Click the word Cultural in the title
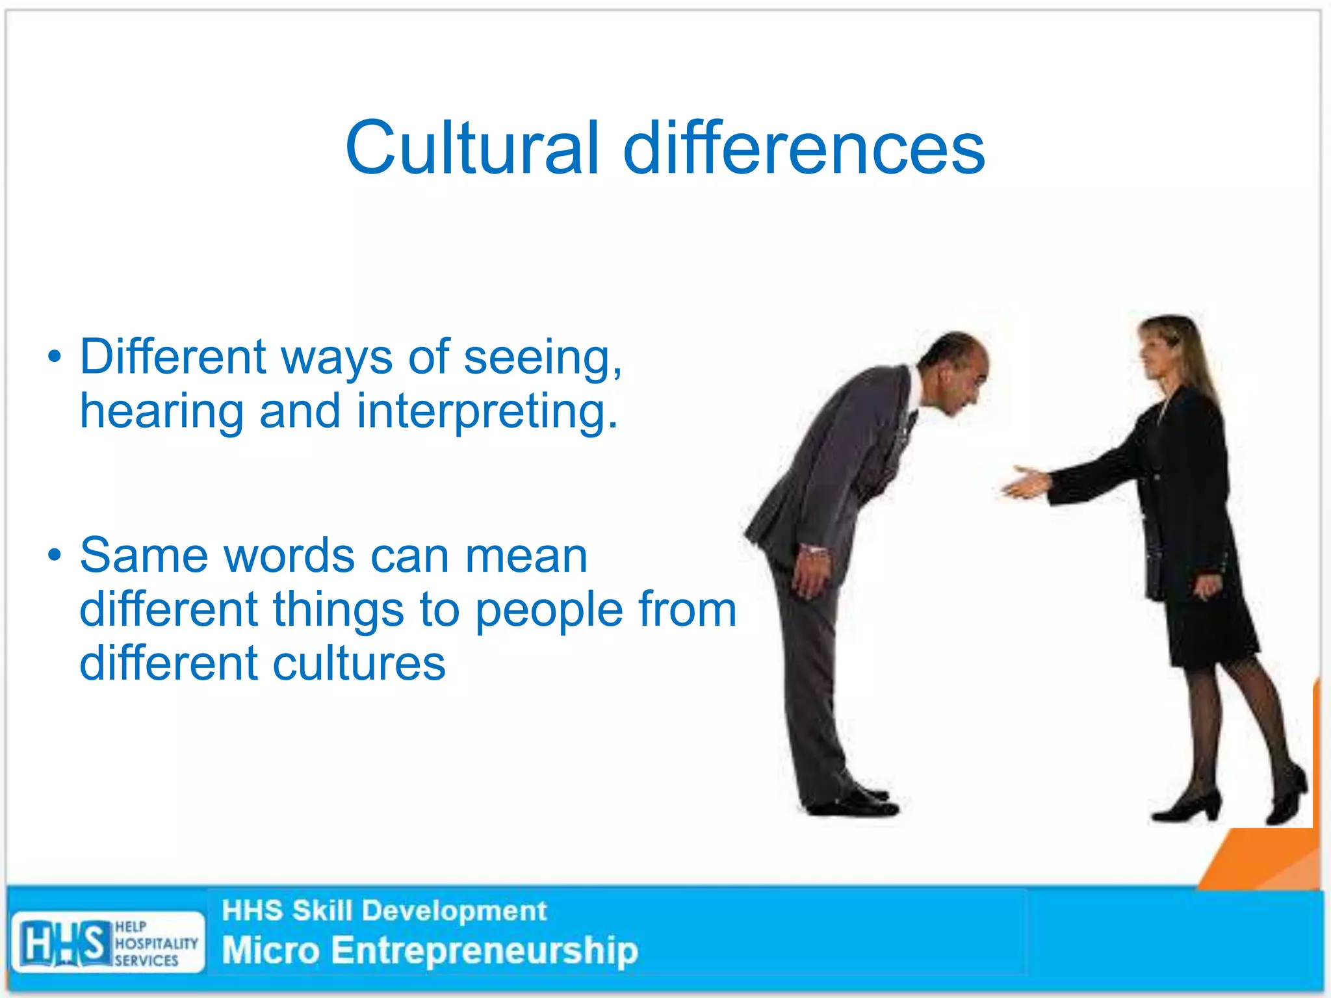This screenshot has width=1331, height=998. [472, 148]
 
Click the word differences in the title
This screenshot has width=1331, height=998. [804, 148]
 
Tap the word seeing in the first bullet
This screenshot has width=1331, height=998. [542, 359]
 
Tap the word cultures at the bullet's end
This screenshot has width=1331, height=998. [359, 664]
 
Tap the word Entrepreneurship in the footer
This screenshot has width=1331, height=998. [485, 951]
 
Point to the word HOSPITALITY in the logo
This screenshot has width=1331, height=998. [157, 943]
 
